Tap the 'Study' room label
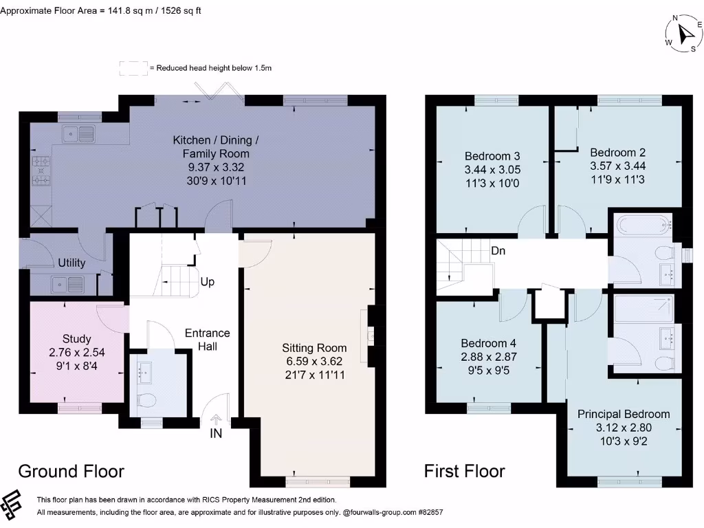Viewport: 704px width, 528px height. point(77,338)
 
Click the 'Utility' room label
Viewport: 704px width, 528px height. point(71,263)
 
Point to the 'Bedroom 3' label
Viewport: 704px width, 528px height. point(487,156)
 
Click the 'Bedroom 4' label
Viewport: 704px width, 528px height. point(488,343)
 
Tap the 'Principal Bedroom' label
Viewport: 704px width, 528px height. point(624,414)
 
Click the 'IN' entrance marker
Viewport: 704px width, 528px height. point(216,433)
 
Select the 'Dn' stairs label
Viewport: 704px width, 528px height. point(498,251)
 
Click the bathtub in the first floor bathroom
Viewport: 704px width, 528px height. point(641,224)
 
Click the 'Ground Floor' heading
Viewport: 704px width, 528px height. point(71,471)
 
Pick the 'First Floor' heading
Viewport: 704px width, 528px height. point(464,471)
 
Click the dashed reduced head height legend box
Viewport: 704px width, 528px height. point(133,68)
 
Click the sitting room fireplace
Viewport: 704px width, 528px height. point(371,336)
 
